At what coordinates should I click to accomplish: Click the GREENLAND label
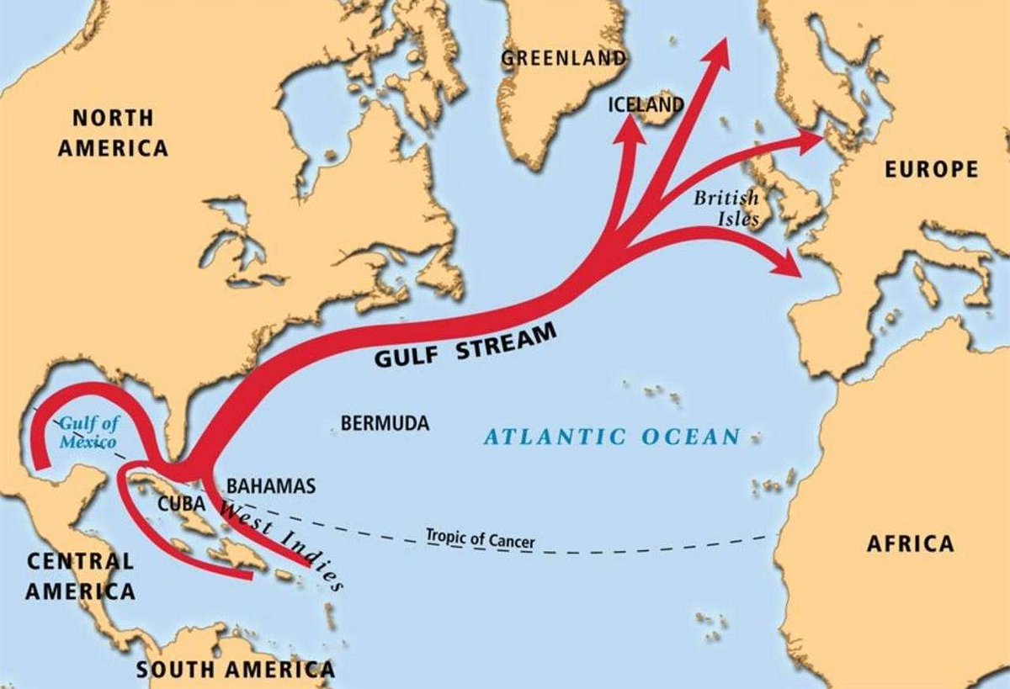pyautogui.click(x=563, y=58)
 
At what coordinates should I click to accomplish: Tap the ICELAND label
pyautogui.click(x=645, y=104)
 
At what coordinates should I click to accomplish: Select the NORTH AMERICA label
pyautogui.click(x=113, y=132)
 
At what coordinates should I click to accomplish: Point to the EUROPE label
pyautogui.click(x=932, y=169)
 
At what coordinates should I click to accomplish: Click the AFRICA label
pyautogui.click(x=911, y=543)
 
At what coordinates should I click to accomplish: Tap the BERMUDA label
pyautogui.click(x=385, y=423)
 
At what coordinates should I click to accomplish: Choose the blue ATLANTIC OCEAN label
pyautogui.click(x=612, y=437)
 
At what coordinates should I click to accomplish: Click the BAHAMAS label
pyautogui.click(x=271, y=486)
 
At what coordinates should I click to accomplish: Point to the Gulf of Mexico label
pyautogui.click(x=87, y=432)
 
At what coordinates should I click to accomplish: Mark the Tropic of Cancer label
pyautogui.click(x=480, y=538)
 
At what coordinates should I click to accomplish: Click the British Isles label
pyautogui.click(x=726, y=209)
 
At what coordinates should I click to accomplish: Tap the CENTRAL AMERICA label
pyautogui.click(x=80, y=575)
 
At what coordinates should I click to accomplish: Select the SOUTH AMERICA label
pyautogui.click(x=236, y=670)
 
